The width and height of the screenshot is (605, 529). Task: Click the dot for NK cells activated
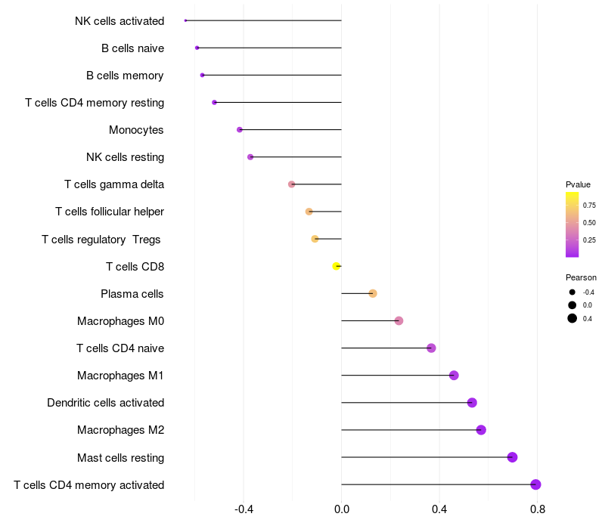[x=185, y=20]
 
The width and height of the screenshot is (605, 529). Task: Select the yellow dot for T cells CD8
[x=336, y=266]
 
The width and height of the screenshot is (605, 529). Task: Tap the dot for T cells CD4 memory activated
[x=535, y=484]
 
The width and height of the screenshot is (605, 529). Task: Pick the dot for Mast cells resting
[x=512, y=457]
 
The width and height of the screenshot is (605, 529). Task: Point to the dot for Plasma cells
[x=373, y=293]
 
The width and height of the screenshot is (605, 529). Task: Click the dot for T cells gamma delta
[x=291, y=184]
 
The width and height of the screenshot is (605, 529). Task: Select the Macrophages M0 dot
[x=399, y=320]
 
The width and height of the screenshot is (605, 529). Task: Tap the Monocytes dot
[x=240, y=129]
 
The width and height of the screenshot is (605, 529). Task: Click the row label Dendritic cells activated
[x=106, y=403]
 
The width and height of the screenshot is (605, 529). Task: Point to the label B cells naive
[x=133, y=48]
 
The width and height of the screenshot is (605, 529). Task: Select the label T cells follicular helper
[x=110, y=212]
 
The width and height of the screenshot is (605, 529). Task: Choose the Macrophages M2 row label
[x=121, y=430]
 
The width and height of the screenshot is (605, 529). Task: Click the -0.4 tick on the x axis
[x=244, y=509]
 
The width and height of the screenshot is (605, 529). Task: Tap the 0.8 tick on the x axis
[x=538, y=509]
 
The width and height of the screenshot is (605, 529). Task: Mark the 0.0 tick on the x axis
[x=342, y=509]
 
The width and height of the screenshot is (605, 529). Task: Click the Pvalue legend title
[x=578, y=184]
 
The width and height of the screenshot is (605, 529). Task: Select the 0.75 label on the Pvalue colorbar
[x=589, y=205]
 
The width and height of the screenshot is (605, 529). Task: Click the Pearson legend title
[x=581, y=277]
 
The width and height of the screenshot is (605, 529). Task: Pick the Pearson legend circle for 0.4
[x=572, y=318]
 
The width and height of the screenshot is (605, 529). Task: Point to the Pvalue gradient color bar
[x=572, y=224]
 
